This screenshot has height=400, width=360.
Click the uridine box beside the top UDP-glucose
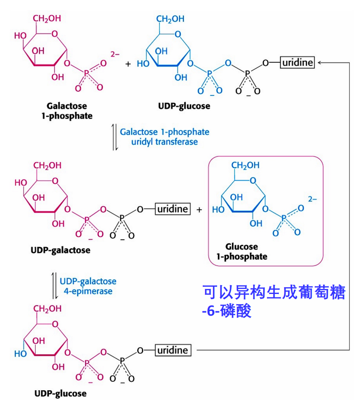pyautogui.click(x=297, y=63)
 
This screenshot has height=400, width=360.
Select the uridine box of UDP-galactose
pyautogui.click(x=173, y=209)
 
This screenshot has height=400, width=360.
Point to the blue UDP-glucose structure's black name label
pyautogui.click(x=183, y=106)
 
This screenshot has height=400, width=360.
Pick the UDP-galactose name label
pyautogui.click(x=61, y=250)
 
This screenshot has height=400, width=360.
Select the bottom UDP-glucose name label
pyautogui.click(x=60, y=393)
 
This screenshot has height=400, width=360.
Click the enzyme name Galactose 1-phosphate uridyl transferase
pyautogui.click(x=164, y=137)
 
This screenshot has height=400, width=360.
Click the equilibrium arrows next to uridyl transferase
pyautogui.click(x=114, y=137)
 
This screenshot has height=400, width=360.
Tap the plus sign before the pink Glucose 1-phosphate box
pyautogui.click(x=199, y=210)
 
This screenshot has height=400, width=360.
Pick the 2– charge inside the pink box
pyautogui.click(x=312, y=198)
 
